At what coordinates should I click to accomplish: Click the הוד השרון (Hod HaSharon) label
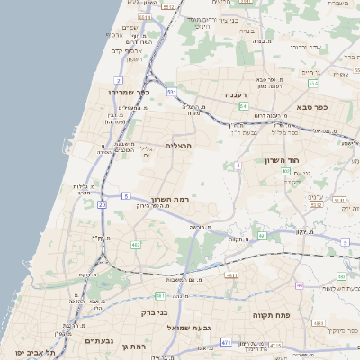(280, 160)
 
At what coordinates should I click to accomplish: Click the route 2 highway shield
(118, 80)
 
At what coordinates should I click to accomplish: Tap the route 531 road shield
(171, 92)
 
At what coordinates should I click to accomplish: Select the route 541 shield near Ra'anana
(244, 106)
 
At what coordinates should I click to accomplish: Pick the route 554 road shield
(313, 84)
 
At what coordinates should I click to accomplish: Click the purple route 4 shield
(238, 166)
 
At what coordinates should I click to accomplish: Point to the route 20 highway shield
(103, 205)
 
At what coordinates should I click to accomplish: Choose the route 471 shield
(226, 342)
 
